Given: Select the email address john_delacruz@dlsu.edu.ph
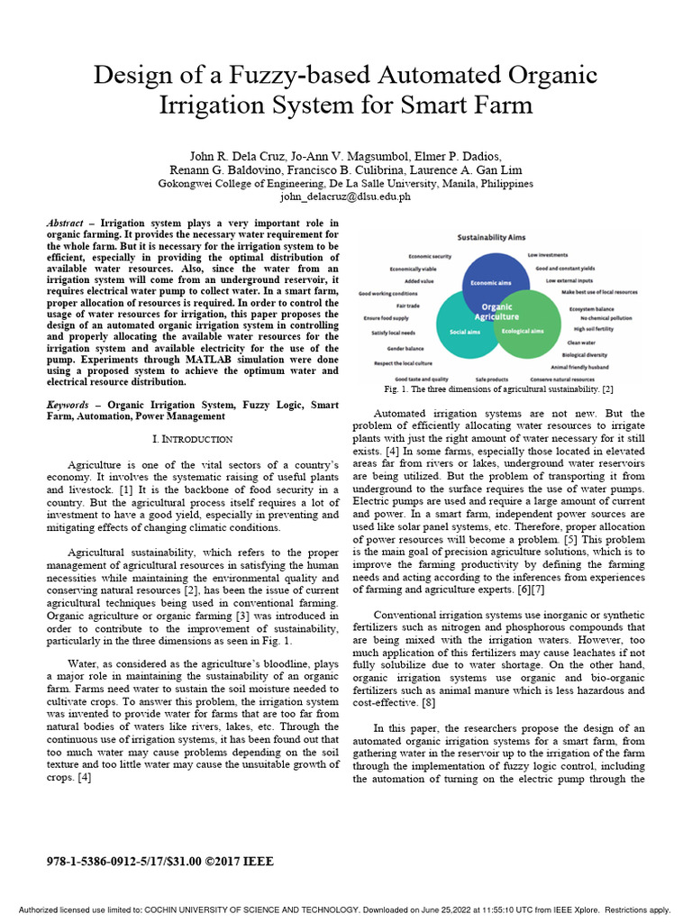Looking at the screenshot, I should tap(345, 196).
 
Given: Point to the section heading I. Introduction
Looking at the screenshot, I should tap(194, 438).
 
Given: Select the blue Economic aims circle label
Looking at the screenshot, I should tap(490, 283).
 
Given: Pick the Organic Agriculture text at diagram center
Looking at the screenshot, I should tap(496, 312).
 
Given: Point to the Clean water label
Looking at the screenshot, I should tap(580, 343).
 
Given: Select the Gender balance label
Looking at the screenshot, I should tap(406, 348).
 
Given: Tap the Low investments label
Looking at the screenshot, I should tap(548, 255).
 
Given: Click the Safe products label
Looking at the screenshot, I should tap(492, 379).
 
